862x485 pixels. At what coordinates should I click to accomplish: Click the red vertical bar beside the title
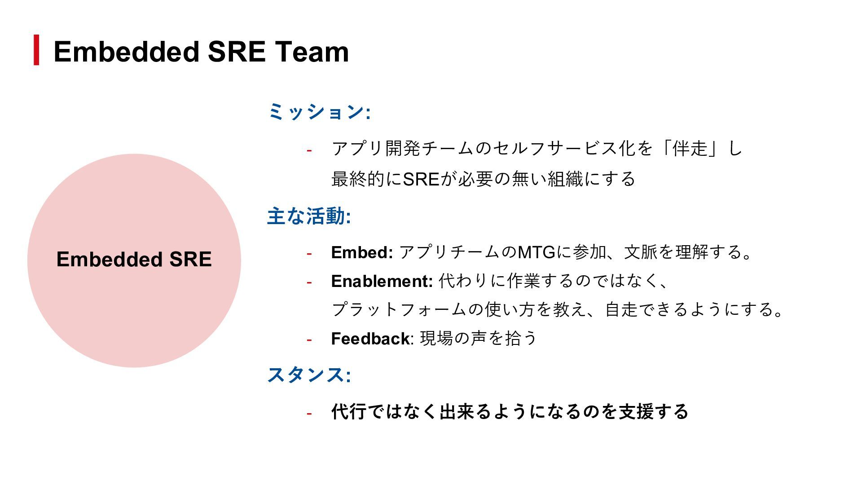36,50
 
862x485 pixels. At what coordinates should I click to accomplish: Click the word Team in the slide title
312,52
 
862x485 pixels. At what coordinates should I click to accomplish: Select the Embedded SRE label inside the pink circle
134,260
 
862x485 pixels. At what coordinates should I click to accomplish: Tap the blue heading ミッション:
319,112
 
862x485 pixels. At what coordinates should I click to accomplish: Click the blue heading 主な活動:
309,216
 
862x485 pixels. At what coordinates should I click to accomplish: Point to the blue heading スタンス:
309,375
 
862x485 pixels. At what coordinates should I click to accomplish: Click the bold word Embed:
362,252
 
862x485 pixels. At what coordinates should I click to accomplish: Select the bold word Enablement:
382,281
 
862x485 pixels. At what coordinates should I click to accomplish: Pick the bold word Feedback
370,339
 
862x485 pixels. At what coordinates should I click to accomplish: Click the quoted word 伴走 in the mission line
690,148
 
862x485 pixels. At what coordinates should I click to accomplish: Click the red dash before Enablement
309,282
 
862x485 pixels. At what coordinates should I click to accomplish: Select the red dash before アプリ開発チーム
309,150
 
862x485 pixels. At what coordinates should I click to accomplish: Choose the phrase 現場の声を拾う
478,338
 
